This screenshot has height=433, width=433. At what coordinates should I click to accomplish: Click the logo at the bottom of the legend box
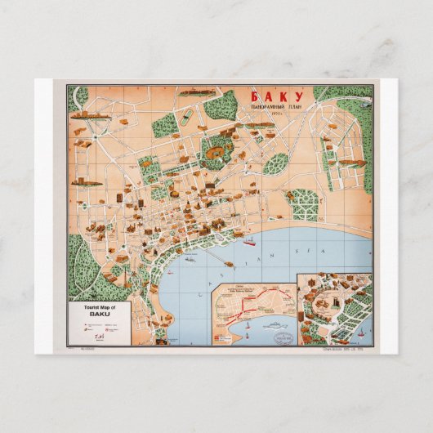[x=99, y=334]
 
